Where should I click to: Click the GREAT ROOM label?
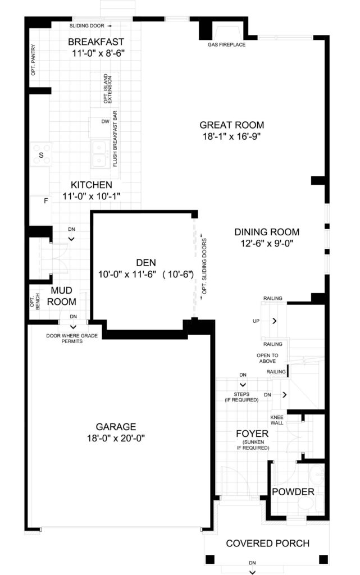(232, 125)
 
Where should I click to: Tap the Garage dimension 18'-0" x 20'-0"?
(116, 438)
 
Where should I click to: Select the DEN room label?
(146, 263)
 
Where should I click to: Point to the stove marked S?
(40, 154)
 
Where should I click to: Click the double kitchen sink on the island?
(99, 154)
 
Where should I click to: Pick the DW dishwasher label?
(105, 121)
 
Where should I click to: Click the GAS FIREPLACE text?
(226, 45)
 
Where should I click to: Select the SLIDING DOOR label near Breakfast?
(87, 26)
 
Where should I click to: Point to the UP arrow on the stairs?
(274, 321)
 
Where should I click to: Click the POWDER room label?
(293, 492)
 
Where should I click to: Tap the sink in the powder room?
(316, 475)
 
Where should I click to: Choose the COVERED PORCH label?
(268, 543)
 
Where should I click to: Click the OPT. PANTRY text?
(33, 60)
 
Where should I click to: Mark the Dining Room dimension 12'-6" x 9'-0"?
(267, 243)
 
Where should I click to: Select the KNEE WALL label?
(277, 420)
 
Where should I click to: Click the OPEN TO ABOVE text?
(267, 358)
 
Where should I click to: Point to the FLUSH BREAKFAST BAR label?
(115, 139)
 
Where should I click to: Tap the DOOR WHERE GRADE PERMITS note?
(72, 339)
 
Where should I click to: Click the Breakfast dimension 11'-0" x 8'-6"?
(98, 53)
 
